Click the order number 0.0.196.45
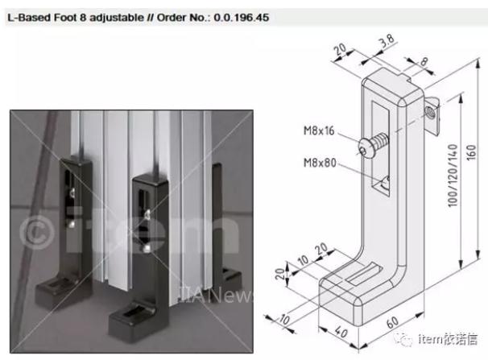(x=242, y=18)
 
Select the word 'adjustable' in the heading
(x=117, y=18)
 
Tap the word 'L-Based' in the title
(x=29, y=18)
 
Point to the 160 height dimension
(x=472, y=153)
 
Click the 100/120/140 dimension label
(x=453, y=176)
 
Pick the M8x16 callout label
(x=319, y=130)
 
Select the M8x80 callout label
(x=320, y=163)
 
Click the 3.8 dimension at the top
(x=387, y=41)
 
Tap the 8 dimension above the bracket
(x=424, y=61)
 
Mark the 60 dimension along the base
(x=392, y=323)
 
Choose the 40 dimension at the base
(x=341, y=332)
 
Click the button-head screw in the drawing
(x=373, y=146)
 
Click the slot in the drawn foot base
(x=363, y=274)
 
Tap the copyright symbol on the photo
(x=37, y=231)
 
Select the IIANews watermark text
(x=216, y=294)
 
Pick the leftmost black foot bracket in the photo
(x=65, y=234)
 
